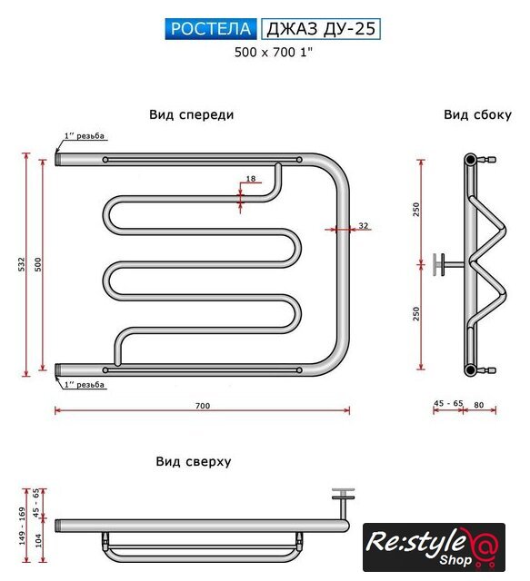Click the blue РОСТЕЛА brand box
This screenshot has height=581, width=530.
(211, 28)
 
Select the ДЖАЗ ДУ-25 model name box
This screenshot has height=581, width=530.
(321, 28)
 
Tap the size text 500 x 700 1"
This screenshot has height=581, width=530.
(274, 53)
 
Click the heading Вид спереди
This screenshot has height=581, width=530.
(192, 114)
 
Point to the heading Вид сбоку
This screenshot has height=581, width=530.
(477, 115)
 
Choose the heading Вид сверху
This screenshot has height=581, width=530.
(194, 461)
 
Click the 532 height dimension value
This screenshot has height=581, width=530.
(22, 264)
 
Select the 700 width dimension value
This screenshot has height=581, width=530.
(203, 406)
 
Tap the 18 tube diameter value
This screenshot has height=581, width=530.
(251, 179)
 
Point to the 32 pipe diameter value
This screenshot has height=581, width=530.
(364, 225)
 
